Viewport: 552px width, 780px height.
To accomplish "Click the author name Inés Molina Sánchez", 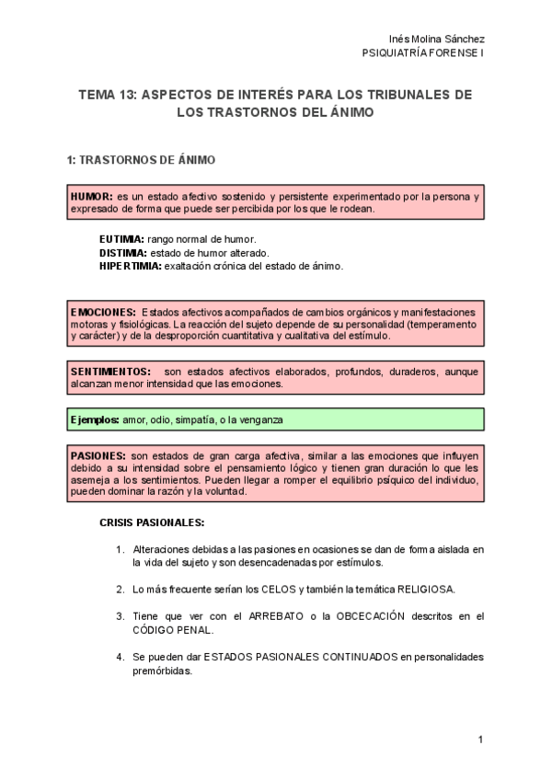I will click(x=437, y=39).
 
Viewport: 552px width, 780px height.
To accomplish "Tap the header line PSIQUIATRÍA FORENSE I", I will click(x=424, y=52).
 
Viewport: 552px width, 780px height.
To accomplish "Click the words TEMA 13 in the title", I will click(x=107, y=95).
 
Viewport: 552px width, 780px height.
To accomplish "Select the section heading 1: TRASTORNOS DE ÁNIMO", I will click(x=141, y=160).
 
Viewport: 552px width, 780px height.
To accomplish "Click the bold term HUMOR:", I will click(x=92, y=197).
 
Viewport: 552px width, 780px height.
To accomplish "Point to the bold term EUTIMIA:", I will click(x=122, y=239).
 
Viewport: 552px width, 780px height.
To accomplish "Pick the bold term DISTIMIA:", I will click(x=123, y=252).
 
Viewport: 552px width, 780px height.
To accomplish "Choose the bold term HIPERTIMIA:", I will click(x=131, y=266).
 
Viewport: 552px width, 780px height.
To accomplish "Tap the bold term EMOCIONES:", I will click(x=103, y=313).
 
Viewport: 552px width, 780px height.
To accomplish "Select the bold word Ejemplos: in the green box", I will click(x=95, y=419).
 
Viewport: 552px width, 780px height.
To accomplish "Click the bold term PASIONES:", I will click(x=98, y=455).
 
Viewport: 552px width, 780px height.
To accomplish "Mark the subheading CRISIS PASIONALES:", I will click(x=152, y=523).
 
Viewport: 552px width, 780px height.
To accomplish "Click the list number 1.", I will click(x=120, y=550).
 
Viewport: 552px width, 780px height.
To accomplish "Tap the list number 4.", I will click(x=120, y=658).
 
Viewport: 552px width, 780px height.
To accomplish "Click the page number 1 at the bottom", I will click(x=480, y=740).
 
